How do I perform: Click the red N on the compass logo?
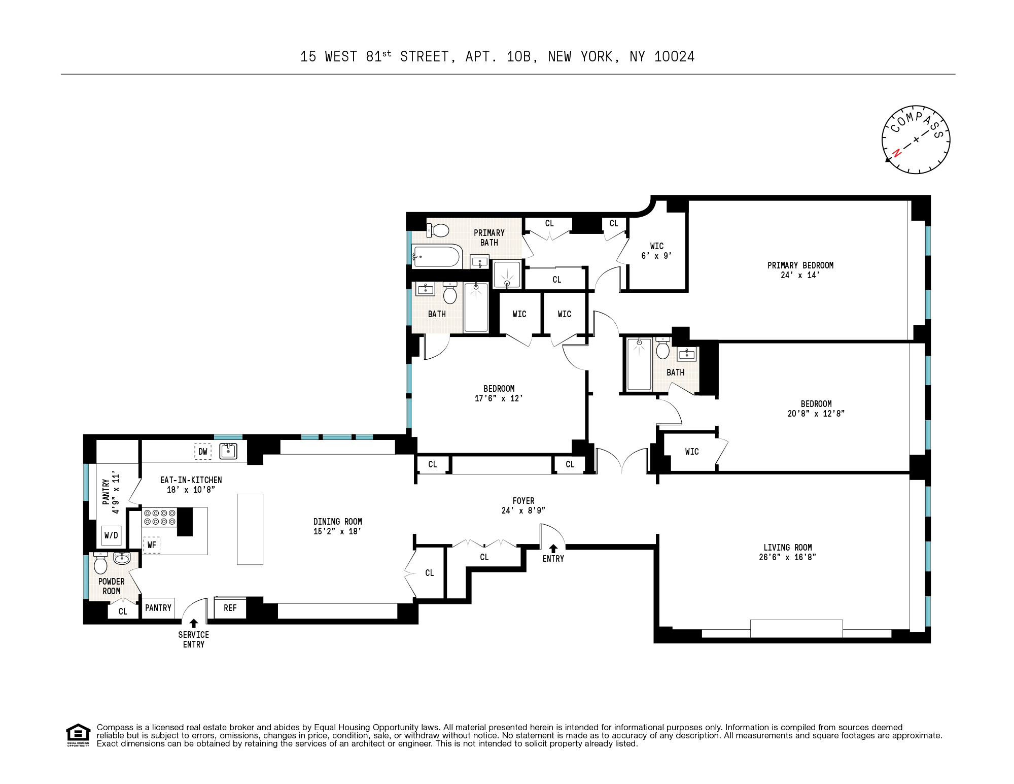click(x=896, y=153)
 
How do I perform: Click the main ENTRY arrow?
click(x=553, y=549)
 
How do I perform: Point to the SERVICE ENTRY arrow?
click(x=193, y=623)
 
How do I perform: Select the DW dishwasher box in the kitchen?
click(x=203, y=451)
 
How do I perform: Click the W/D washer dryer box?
click(x=111, y=535)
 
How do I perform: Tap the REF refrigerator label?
click(x=230, y=608)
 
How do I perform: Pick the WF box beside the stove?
click(x=152, y=545)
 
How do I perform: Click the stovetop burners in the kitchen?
click(x=159, y=517)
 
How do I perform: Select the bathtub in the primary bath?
click(x=437, y=257)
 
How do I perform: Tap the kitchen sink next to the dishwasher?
click(x=228, y=451)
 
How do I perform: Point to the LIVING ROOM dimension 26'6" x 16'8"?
click(x=787, y=557)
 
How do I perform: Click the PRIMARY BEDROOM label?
click(x=800, y=265)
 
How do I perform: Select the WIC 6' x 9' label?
click(x=656, y=251)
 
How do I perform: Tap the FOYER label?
click(x=523, y=501)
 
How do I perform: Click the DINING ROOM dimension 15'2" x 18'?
click(x=337, y=531)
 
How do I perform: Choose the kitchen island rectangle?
click(x=250, y=529)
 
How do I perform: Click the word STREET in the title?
click(x=425, y=57)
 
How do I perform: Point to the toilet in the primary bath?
click(x=439, y=231)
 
